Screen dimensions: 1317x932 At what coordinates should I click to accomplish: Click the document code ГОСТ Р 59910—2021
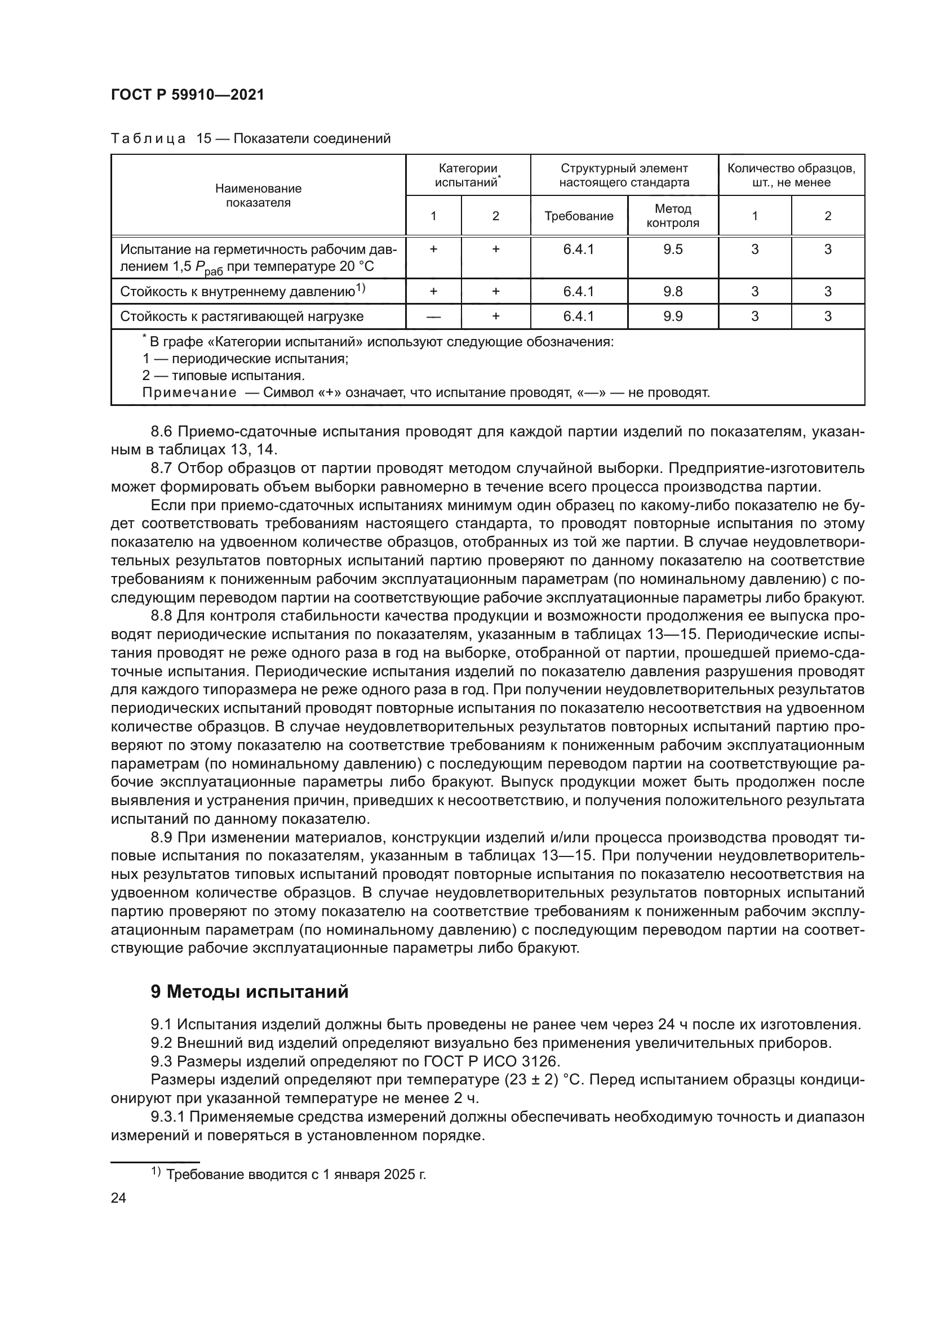click(x=187, y=95)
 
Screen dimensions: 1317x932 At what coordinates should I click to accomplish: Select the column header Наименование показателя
click(x=258, y=195)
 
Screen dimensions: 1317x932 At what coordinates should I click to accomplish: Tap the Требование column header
click(x=579, y=216)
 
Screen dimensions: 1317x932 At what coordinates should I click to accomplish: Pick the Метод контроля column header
click(x=673, y=216)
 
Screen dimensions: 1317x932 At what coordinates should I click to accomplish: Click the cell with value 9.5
click(x=673, y=249)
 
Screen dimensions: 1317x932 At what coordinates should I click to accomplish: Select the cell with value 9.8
click(x=673, y=292)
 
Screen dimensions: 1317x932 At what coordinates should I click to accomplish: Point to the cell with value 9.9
click(x=673, y=316)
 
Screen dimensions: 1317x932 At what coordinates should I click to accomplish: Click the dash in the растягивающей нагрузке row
click(x=433, y=316)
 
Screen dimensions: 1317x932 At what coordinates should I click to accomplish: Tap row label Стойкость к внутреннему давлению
click(x=242, y=292)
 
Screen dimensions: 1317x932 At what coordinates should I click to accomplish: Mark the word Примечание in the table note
click(x=189, y=393)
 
